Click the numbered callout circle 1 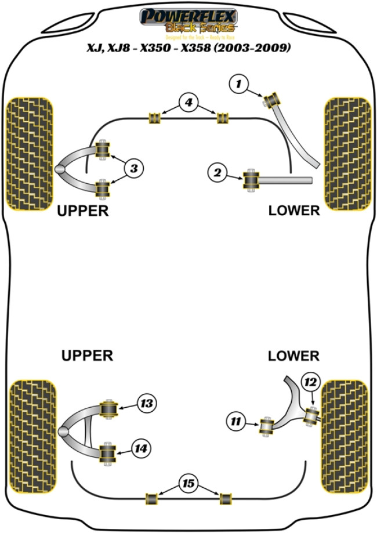(x=237, y=85)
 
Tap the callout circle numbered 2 (x=217, y=172)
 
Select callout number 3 (x=133, y=169)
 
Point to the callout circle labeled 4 (x=187, y=103)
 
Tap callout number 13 (x=146, y=403)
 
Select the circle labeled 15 (x=188, y=483)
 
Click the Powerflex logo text (x=188, y=16)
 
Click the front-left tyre (x=28, y=153)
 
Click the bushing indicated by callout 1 (x=273, y=100)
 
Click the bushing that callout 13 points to (x=108, y=409)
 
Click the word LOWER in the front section (x=294, y=211)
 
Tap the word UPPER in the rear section (x=87, y=356)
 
